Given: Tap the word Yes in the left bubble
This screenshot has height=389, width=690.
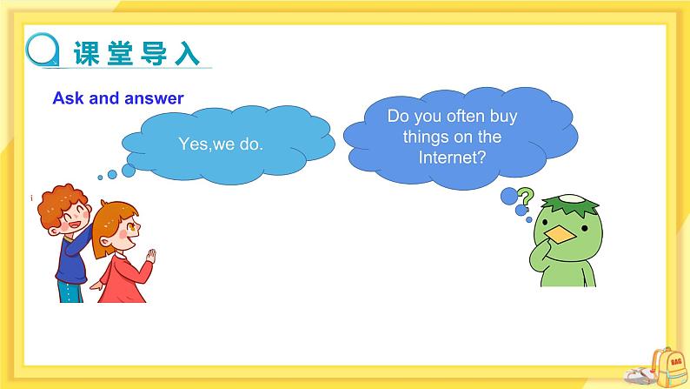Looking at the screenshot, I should tap(193, 144).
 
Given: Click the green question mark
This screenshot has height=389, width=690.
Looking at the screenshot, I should tap(524, 196).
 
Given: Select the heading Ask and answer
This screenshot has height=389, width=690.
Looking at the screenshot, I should tap(118, 98).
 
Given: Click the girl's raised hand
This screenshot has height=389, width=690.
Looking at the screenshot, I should tap(152, 258).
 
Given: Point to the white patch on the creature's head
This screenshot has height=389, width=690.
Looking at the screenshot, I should tap(570, 206).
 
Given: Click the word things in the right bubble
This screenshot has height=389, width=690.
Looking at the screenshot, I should tap(421, 137).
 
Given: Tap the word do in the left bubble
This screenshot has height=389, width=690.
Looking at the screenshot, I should tap(250, 144).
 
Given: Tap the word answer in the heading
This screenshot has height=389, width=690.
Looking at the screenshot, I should tap(154, 98).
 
